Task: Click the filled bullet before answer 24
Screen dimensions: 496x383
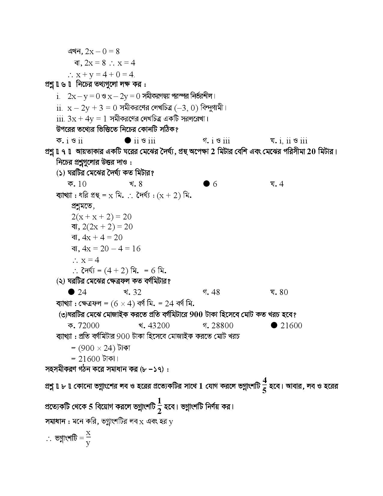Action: tap(71, 292)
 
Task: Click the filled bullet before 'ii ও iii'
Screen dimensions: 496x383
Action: tap(127, 140)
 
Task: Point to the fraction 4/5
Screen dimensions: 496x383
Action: tap(264, 385)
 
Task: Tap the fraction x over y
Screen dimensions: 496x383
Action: tap(88, 438)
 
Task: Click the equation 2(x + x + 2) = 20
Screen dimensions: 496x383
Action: tap(102, 217)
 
